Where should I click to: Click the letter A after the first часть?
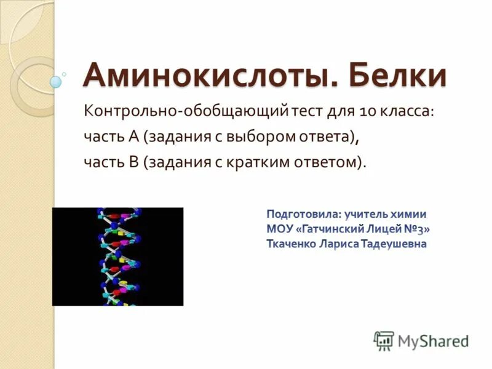coord(132,137)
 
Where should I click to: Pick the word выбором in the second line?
coord(264,137)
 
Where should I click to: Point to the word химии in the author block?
coord(408,215)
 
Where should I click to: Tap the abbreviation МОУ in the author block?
coord(279,229)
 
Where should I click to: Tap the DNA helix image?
coord(117,256)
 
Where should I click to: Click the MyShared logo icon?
coord(384,339)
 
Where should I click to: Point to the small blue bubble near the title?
coord(56,81)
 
